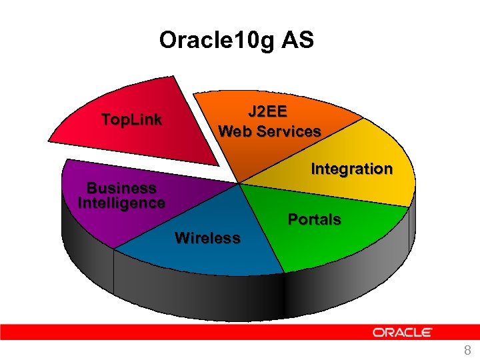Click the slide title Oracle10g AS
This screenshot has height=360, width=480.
click(236, 41)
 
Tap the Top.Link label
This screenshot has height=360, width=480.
click(131, 120)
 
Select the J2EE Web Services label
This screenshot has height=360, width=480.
click(269, 121)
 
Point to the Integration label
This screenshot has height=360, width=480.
click(351, 169)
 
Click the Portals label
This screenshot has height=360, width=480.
click(314, 219)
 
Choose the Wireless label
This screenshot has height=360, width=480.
click(207, 238)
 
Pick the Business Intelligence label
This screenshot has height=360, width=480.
click(121, 195)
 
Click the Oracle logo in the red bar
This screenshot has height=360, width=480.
click(403, 332)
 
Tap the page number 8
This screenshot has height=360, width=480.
click(467, 351)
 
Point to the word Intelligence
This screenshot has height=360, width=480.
click(121, 203)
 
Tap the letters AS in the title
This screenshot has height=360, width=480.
click(298, 41)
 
